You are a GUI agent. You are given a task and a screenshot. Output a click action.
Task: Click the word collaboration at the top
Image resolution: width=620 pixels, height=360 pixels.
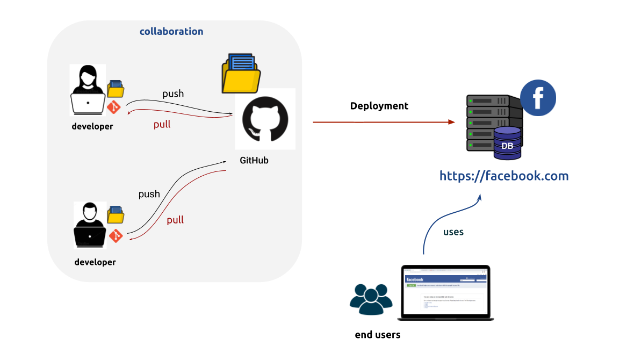tap(171, 31)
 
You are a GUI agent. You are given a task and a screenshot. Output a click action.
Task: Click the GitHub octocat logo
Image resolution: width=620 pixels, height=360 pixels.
tap(265, 119)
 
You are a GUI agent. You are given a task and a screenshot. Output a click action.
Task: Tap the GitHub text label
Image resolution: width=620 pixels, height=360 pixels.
tap(254, 160)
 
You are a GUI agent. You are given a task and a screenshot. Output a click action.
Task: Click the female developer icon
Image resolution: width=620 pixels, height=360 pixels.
tap(88, 90)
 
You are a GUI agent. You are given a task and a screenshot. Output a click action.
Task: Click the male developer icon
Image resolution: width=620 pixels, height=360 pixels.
tap(90, 225)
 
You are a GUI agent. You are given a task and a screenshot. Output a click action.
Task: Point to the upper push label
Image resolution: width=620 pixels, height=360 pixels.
tap(173, 93)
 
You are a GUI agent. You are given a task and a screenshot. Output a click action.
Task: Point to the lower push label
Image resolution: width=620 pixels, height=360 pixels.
tap(149, 194)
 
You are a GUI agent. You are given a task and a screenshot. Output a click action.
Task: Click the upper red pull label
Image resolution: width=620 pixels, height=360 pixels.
tap(162, 124)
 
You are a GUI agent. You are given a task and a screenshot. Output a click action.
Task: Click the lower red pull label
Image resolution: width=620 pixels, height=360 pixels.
tap(175, 220)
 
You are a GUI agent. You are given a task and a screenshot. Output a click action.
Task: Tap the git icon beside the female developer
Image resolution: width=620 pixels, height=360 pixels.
tap(114, 107)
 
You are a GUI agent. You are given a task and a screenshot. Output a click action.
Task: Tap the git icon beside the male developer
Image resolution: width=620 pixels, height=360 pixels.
tap(116, 235)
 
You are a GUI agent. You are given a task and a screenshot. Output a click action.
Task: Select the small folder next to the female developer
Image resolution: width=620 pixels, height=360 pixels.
tap(116, 89)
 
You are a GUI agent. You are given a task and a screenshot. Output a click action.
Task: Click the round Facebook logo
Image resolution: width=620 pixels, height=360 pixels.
tap(538, 98)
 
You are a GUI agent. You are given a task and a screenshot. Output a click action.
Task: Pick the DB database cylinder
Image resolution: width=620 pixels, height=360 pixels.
tap(507, 143)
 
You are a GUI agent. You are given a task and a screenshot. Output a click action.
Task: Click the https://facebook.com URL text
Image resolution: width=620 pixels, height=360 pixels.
tap(504, 176)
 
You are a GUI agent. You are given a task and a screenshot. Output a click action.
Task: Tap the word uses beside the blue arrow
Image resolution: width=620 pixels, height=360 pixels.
tap(453, 232)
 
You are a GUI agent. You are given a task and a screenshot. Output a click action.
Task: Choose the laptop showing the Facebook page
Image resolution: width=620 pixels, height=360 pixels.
tap(446, 292)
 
